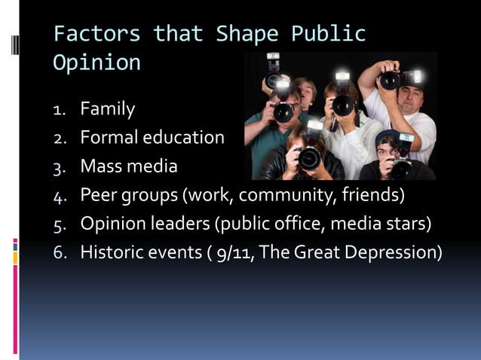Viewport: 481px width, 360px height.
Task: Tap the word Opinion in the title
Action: tap(97, 63)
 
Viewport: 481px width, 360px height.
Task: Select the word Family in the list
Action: tap(108, 109)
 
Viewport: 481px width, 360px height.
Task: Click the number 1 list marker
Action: tap(60, 110)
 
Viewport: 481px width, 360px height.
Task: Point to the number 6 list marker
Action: tap(59, 252)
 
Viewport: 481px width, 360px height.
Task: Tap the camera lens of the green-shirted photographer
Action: tap(283, 113)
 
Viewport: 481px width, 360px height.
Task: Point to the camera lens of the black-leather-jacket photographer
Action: tap(309, 158)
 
